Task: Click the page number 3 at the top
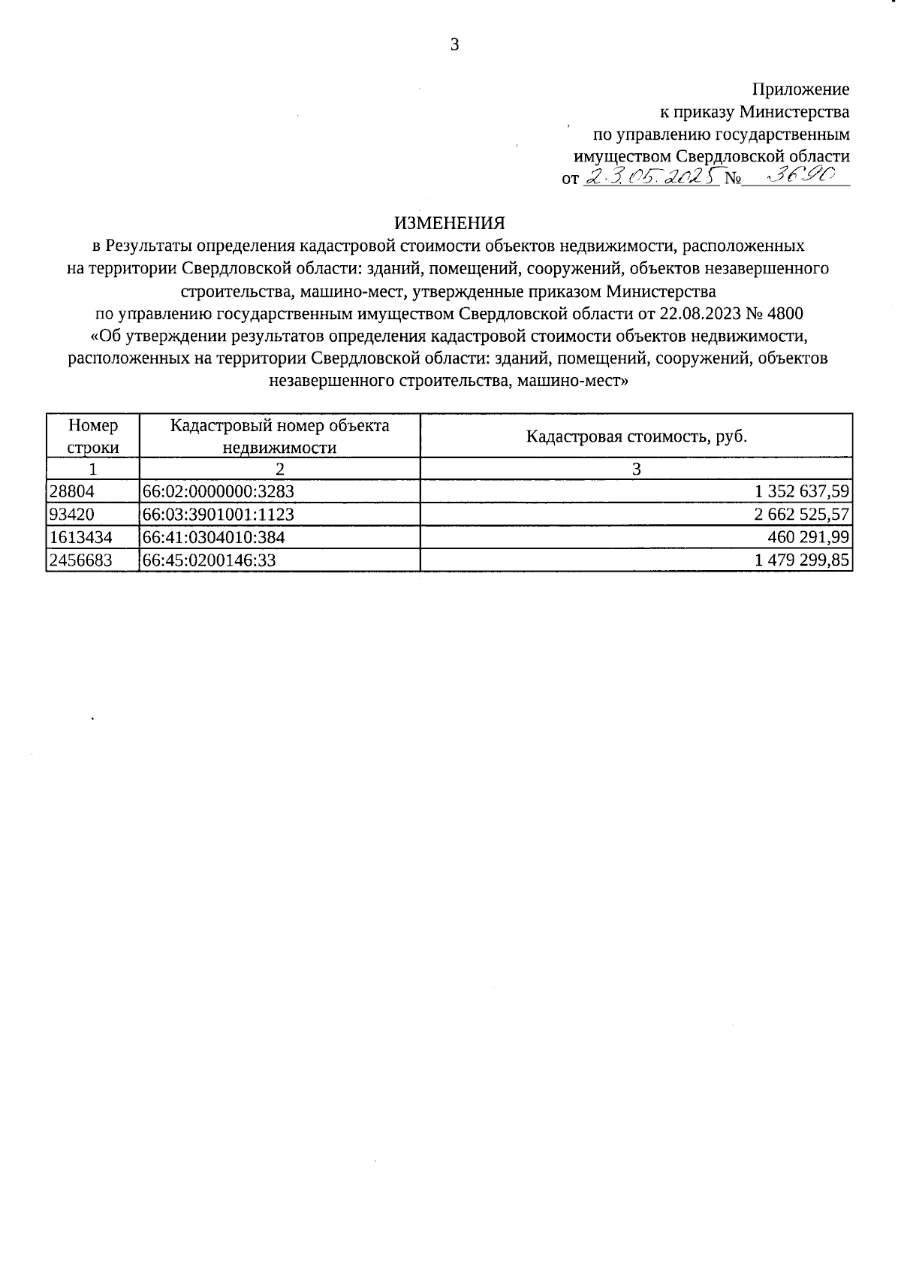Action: pos(454,45)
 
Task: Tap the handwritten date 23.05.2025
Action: pos(650,178)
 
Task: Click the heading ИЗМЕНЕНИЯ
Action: pos(450,223)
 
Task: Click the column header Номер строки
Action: pos(93,436)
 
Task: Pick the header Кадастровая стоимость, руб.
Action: pos(636,436)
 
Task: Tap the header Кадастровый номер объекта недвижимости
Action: pos(279,436)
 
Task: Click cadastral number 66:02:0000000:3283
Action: pos(218,492)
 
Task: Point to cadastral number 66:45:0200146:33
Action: pos(209,560)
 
